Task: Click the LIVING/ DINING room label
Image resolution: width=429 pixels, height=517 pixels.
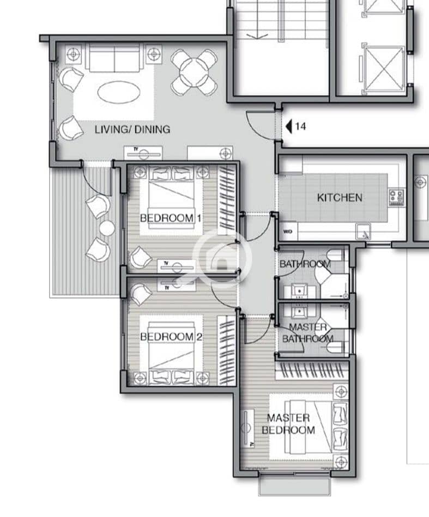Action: (132, 129)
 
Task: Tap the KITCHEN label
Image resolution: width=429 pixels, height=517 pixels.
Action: (340, 198)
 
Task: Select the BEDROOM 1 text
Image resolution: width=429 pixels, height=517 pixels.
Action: (171, 218)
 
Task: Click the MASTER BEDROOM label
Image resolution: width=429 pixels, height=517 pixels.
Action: (288, 424)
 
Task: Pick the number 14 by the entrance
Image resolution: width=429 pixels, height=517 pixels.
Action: (300, 126)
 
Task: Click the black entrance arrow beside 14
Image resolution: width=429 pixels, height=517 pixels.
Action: (289, 126)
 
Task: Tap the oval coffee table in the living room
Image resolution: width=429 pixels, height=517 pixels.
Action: (119, 92)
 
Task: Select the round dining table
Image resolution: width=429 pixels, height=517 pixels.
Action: (194, 72)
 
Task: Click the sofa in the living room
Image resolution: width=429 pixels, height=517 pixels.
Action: (114, 59)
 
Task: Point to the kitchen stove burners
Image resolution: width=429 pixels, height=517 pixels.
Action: (396, 197)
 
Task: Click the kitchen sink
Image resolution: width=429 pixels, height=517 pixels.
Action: (364, 232)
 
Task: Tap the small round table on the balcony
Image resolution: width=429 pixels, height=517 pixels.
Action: (107, 228)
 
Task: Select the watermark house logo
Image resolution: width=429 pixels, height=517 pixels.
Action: (222, 258)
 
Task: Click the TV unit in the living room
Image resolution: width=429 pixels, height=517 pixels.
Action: (143, 154)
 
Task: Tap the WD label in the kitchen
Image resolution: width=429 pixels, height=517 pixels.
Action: (287, 232)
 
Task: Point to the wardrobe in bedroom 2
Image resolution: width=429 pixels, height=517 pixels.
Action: (227, 350)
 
